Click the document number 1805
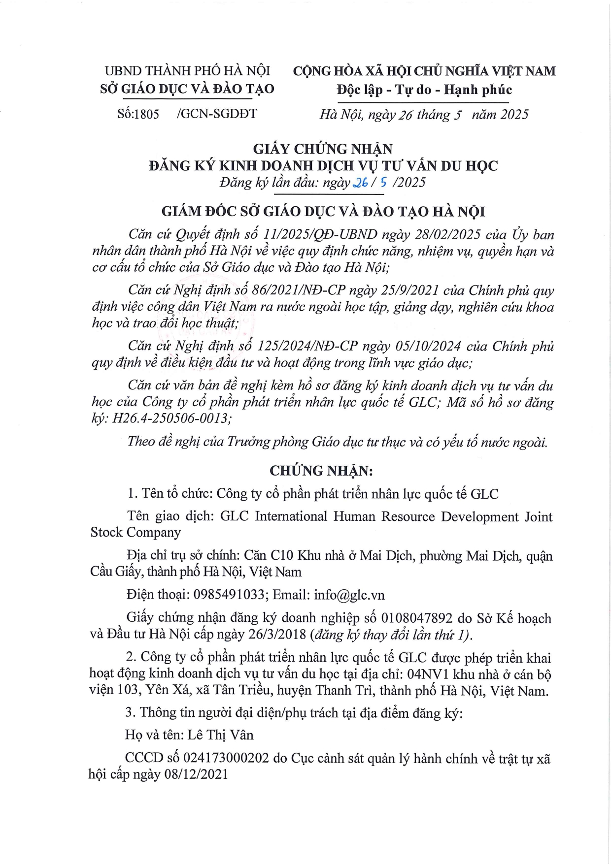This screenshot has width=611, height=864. (x=147, y=114)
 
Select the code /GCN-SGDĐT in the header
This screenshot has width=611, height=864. (x=216, y=114)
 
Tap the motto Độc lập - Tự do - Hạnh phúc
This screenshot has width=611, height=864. (x=424, y=90)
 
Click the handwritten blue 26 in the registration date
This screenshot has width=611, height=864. (x=361, y=183)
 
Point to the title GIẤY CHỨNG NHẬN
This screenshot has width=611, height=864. (x=323, y=149)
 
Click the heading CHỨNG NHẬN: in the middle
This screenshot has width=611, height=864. (x=321, y=471)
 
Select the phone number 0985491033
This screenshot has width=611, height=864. (x=229, y=595)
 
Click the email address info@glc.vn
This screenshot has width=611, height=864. (x=349, y=595)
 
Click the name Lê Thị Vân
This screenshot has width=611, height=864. (x=220, y=735)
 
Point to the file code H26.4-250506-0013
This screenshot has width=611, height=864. (x=171, y=419)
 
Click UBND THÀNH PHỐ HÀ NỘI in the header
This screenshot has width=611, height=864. (x=187, y=71)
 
